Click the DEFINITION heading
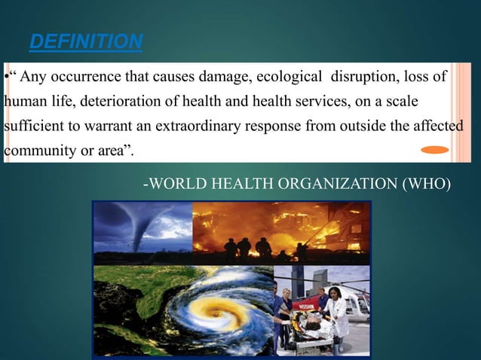pyautogui.click(x=85, y=41)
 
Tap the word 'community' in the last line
pyautogui.click(x=35, y=149)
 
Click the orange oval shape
pyautogui.click(x=434, y=150)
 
